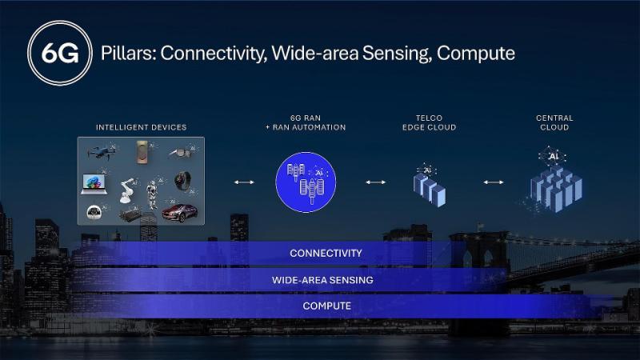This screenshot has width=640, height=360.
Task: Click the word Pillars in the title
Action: [x=129, y=54]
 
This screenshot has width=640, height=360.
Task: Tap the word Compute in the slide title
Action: [x=475, y=54]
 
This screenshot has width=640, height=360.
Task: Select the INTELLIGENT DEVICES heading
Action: [x=142, y=127]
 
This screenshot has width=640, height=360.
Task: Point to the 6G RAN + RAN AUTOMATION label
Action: [x=306, y=122]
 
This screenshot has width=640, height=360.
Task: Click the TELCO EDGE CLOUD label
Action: [x=429, y=122]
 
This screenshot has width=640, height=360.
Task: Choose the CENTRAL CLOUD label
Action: [x=554, y=122]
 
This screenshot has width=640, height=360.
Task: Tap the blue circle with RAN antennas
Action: [x=306, y=182]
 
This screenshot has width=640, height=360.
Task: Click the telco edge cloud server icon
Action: [x=429, y=186]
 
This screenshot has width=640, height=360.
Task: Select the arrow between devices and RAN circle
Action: [x=244, y=182]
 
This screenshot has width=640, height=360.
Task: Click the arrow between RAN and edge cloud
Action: [x=375, y=182]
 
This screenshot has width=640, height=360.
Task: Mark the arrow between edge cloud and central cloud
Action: [x=494, y=182]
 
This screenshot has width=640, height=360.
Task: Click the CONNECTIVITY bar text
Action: [x=326, y=253]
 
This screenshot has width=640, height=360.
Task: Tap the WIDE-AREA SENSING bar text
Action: [x=322, y=280]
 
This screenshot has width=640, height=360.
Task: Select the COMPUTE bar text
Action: [x=327, y=306]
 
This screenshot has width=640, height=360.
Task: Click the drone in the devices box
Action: [x=102, y=152]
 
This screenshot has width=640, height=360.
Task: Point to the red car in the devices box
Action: [x=179, y=213]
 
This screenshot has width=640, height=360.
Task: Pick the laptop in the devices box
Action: [x=94, y=184]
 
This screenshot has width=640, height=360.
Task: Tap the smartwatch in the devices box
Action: [x=182, y=181]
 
